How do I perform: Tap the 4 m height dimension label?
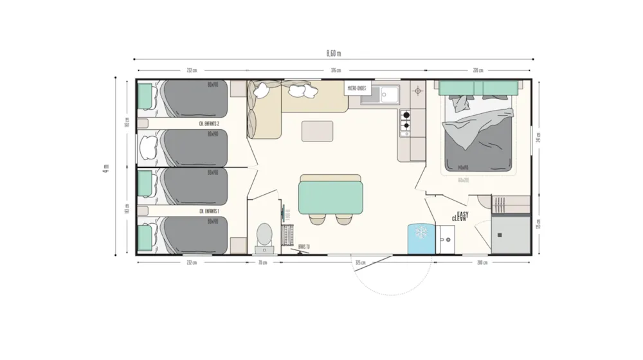pos(105,168)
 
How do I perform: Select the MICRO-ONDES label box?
pos(358,88)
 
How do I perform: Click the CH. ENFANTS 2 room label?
pos(209,123)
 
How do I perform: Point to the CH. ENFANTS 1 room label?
pos(209,211)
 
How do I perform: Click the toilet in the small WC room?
pos(264,236)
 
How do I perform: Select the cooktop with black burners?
pos(406,122)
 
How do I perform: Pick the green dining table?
pos(331,197)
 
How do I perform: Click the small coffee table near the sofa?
pos(317,130)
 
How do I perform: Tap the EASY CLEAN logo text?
pos(460,216)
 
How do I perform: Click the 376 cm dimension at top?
pos(336,70)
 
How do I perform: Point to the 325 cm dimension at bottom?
pos(360,262)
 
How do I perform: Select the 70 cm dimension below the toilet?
pos(262,262)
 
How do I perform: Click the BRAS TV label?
pos(304,246)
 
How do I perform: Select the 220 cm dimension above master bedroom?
pos(478,70)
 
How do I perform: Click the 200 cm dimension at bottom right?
pos(482,262)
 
